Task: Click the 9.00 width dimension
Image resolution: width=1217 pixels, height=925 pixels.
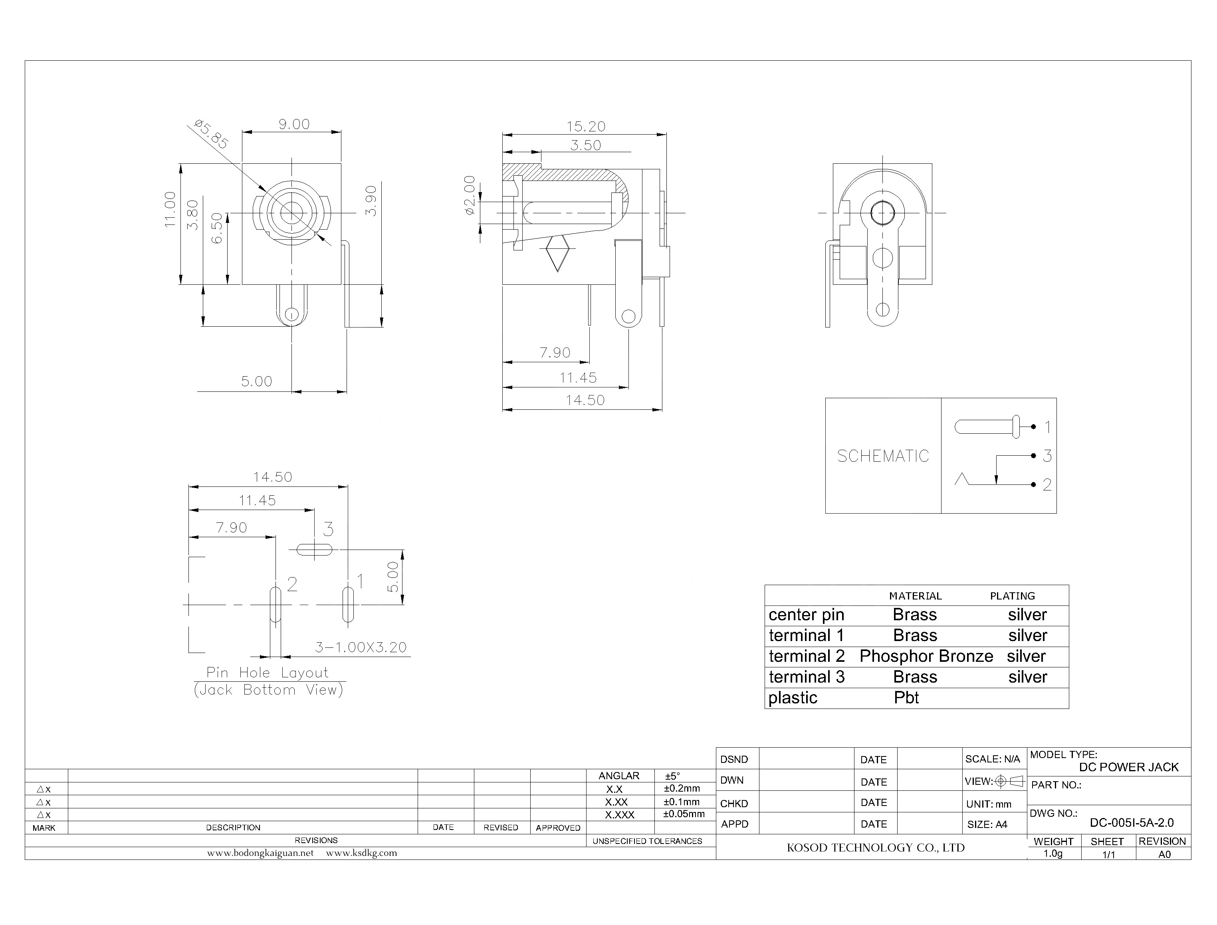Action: pyautogui.click(x=293, y=125)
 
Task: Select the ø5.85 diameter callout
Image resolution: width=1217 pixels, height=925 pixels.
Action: pyautogui.click(x=211, y=134)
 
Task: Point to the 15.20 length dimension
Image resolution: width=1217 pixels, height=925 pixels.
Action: pyautogui.click(x=586, y=127)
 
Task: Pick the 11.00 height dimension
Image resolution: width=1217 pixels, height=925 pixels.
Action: pyautogui.click(x=170, y=210)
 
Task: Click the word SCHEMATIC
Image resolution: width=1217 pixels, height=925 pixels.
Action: pyautogui.click(x=882, y=456)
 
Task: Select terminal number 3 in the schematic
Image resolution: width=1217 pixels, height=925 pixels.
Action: pyautogui.click(x=1047, y=456)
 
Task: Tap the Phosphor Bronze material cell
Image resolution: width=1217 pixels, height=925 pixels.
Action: pyautogui.click(x=926, y=656)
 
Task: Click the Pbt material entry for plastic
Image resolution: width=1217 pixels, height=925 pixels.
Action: pyautogui.click(x=906, y=698)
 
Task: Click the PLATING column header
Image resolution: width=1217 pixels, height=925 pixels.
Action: pyautogui.click(x=1012, y=596)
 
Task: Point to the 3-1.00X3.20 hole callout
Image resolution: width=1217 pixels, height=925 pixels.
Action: pyautogui.click(x=361, y=647)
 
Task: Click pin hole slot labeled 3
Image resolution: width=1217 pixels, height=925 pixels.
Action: pyautogui.click(x=314, y=550)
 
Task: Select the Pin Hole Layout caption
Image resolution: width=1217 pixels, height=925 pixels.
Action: pyautogui.click(x=268, y=673)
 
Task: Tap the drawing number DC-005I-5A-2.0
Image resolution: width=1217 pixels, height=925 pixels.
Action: pyautogui.click(x=1132, y=823)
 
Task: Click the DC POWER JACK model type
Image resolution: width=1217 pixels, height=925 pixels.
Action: pyautogui.click(x=1128, y=767)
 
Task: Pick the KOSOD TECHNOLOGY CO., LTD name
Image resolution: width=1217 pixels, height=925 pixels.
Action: pyautogui.click(x=875, y=848)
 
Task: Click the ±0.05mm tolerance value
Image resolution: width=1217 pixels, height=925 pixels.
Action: pyautogui.click(x=684, y=814)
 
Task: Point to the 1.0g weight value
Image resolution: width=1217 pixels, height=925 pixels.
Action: pyautogui.click(x=1052, y=854)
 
